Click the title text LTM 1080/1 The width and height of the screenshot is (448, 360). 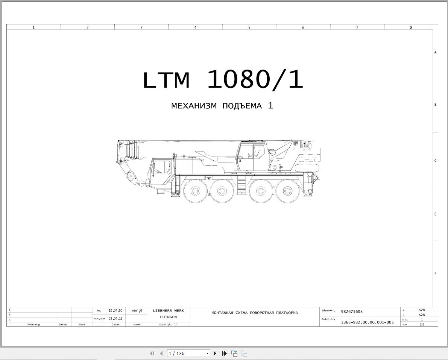tap(223, 80)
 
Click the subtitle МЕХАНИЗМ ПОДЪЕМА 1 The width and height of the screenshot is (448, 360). tap(222, 106)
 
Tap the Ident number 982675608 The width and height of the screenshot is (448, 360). tap(352, 311)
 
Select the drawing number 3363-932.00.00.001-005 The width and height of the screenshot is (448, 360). tap(368, 322)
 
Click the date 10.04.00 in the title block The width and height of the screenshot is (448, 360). tap(115, 311)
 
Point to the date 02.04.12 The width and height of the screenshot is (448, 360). tap(115, 318)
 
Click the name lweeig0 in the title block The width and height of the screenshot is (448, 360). tap(136, 311)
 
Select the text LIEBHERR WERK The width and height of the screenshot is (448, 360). tap(169, 311)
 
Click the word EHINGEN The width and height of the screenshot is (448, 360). tap(169, 317)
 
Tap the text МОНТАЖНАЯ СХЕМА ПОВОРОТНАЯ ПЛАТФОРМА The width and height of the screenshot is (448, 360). tap(255, 313)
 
